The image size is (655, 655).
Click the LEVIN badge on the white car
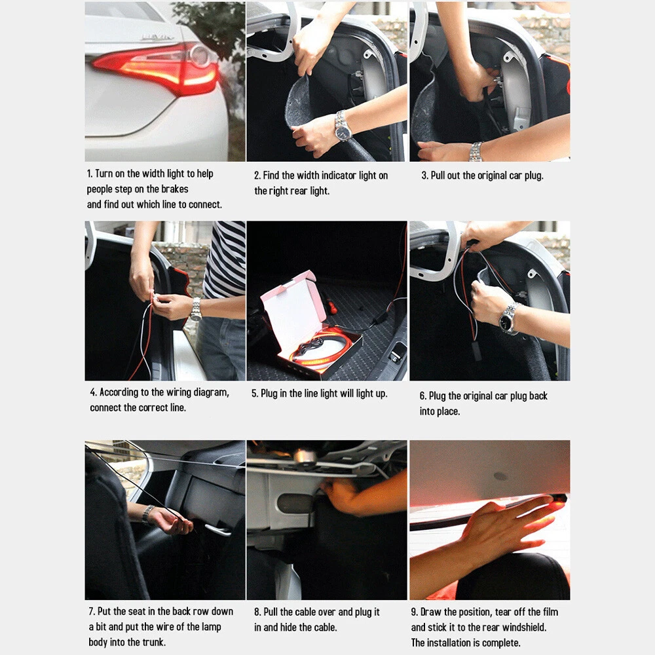(157, 37)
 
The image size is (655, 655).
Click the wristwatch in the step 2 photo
(343, 126)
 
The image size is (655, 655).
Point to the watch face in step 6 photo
(506, 321)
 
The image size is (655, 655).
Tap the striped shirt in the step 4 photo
(225, 258)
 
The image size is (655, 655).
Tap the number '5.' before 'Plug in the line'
(255, 394)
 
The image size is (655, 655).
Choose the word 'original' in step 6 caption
(477, 396)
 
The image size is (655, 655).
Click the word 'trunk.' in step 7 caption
(154, 642)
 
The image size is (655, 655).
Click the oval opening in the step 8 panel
(295, 503)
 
